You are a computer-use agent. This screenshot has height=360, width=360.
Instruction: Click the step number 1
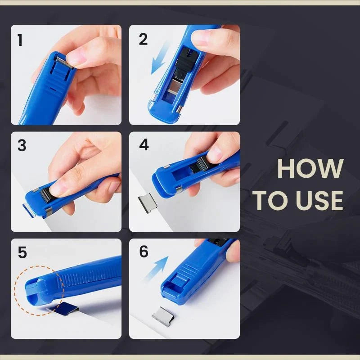click(x=20, y=40)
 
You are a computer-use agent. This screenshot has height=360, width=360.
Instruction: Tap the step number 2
click(x=143, y=40)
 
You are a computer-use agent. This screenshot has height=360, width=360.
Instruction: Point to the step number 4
click(x=144, y=145)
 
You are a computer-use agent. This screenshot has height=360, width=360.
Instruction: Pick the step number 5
click(x=22, y=252)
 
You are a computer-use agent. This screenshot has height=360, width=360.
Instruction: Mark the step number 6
click(x=144, y=252)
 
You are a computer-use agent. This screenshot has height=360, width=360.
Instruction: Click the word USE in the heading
click(x=317, y=201)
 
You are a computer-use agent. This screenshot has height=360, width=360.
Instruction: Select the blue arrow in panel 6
click(x=157, y=268)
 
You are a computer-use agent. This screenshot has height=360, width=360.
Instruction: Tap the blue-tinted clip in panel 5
click(x=67, y=308)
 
